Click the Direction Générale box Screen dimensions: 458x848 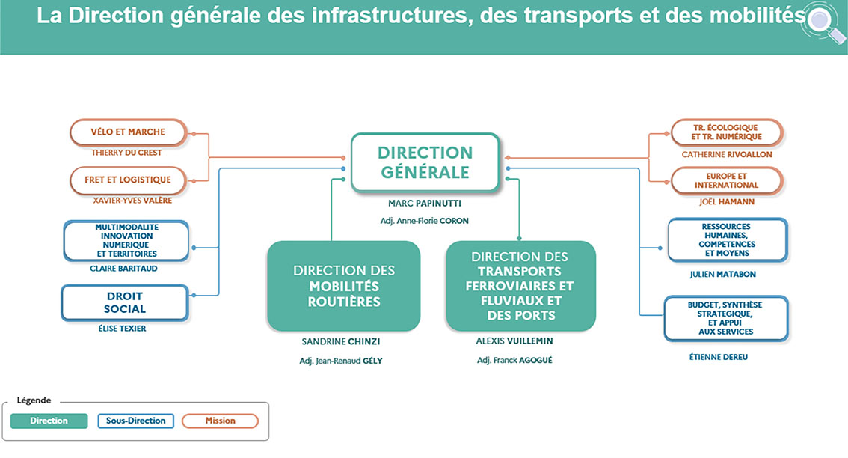point(425,162)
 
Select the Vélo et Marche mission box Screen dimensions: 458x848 point(128,132)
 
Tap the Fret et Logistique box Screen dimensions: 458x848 point(128,180)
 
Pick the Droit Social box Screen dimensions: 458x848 point(126,302)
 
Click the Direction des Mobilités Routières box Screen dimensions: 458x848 point(343,286)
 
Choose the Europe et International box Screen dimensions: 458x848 point(726,180)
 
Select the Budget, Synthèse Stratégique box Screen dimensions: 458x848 point(725,318)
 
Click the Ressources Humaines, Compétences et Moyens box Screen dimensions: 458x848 point(726,240)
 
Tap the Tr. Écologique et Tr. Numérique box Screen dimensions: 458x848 point(726,132)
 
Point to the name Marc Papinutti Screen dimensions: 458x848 point(425,203)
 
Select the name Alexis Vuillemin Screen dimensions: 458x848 point(514,341)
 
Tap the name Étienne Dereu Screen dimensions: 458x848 point(719,357)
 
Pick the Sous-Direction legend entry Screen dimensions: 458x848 point(135,421)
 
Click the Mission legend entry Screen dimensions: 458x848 point(220,421)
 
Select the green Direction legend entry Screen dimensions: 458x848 point(49,421)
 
